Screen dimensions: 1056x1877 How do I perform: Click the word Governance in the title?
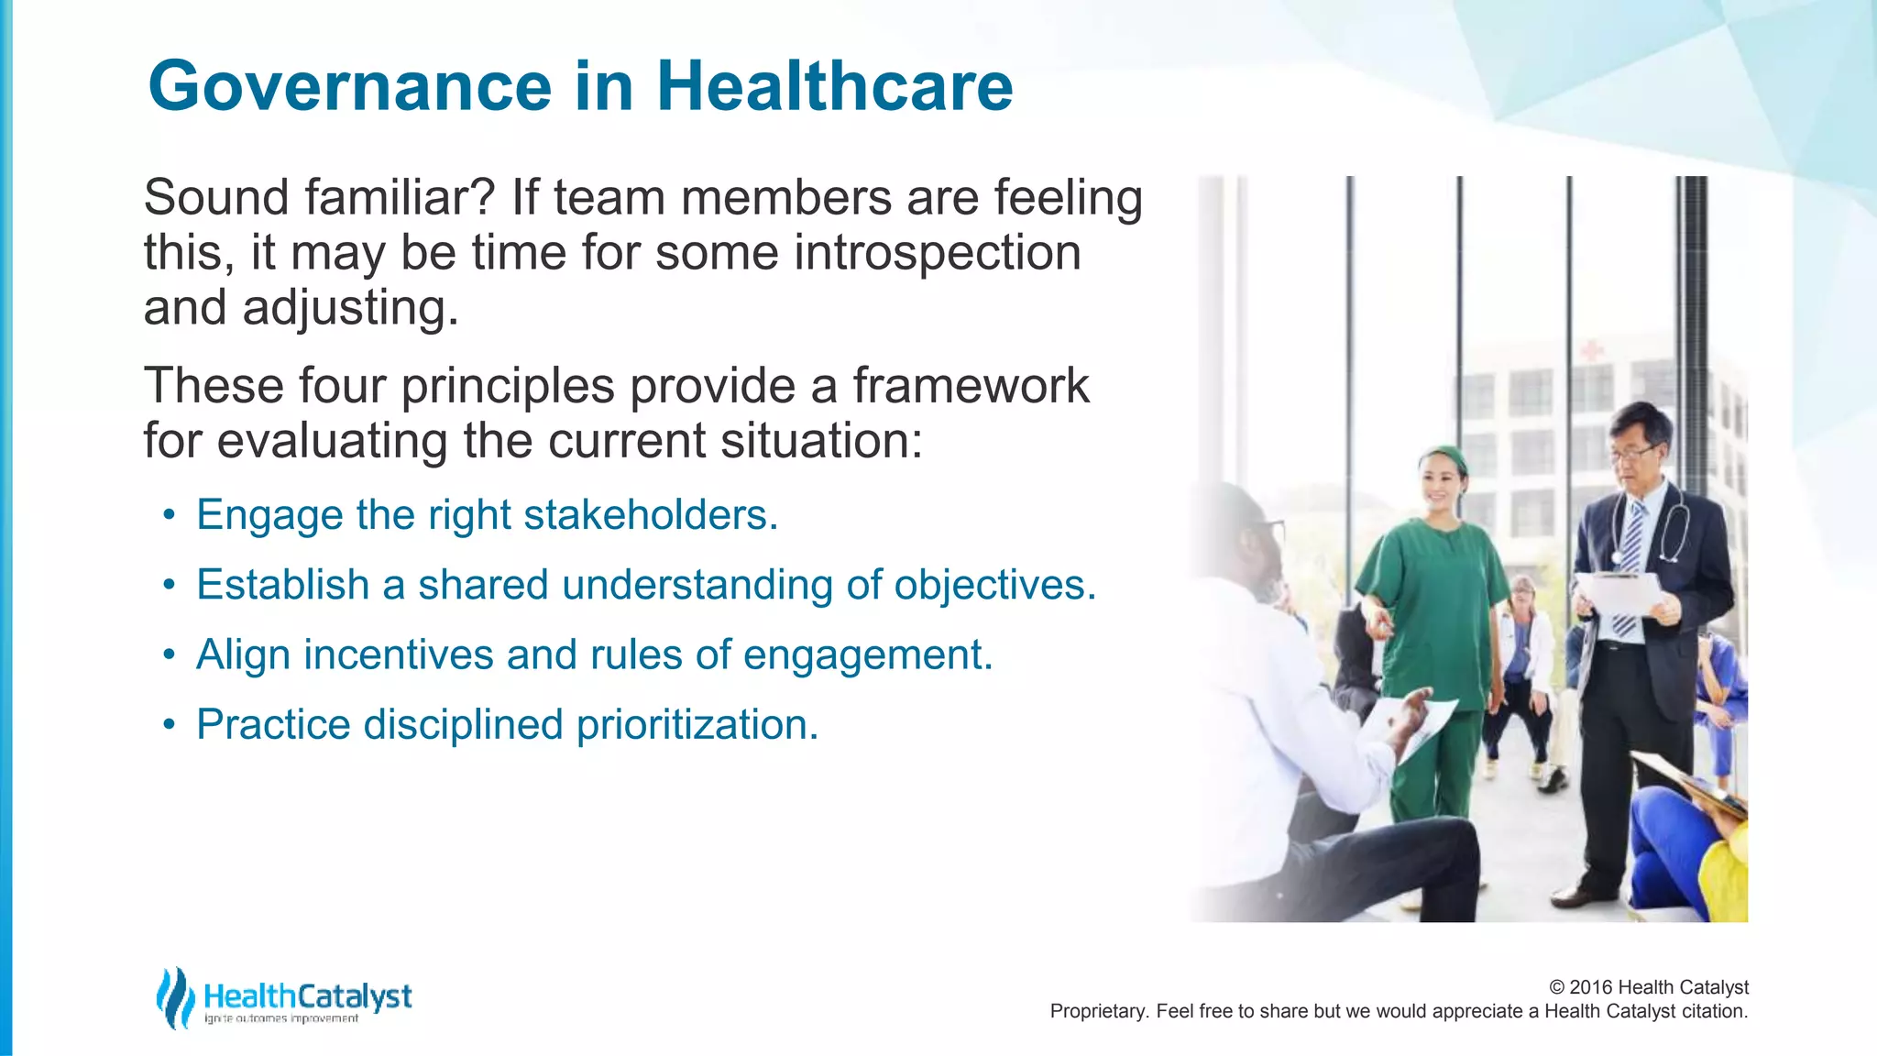(x=349, y=86)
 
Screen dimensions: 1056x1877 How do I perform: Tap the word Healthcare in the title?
(x=834, y=86)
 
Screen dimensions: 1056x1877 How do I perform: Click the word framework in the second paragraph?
(x=971, y=386)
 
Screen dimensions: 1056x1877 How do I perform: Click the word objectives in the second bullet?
(x=994, y=586)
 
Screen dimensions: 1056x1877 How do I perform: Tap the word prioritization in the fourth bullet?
(x=697, y=725)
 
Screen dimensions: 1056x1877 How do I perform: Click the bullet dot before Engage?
(x=168, y=516)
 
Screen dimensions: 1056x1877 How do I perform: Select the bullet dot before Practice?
(x=168, y=726)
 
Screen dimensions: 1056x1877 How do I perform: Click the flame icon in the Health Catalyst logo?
(x=174, y=997)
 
